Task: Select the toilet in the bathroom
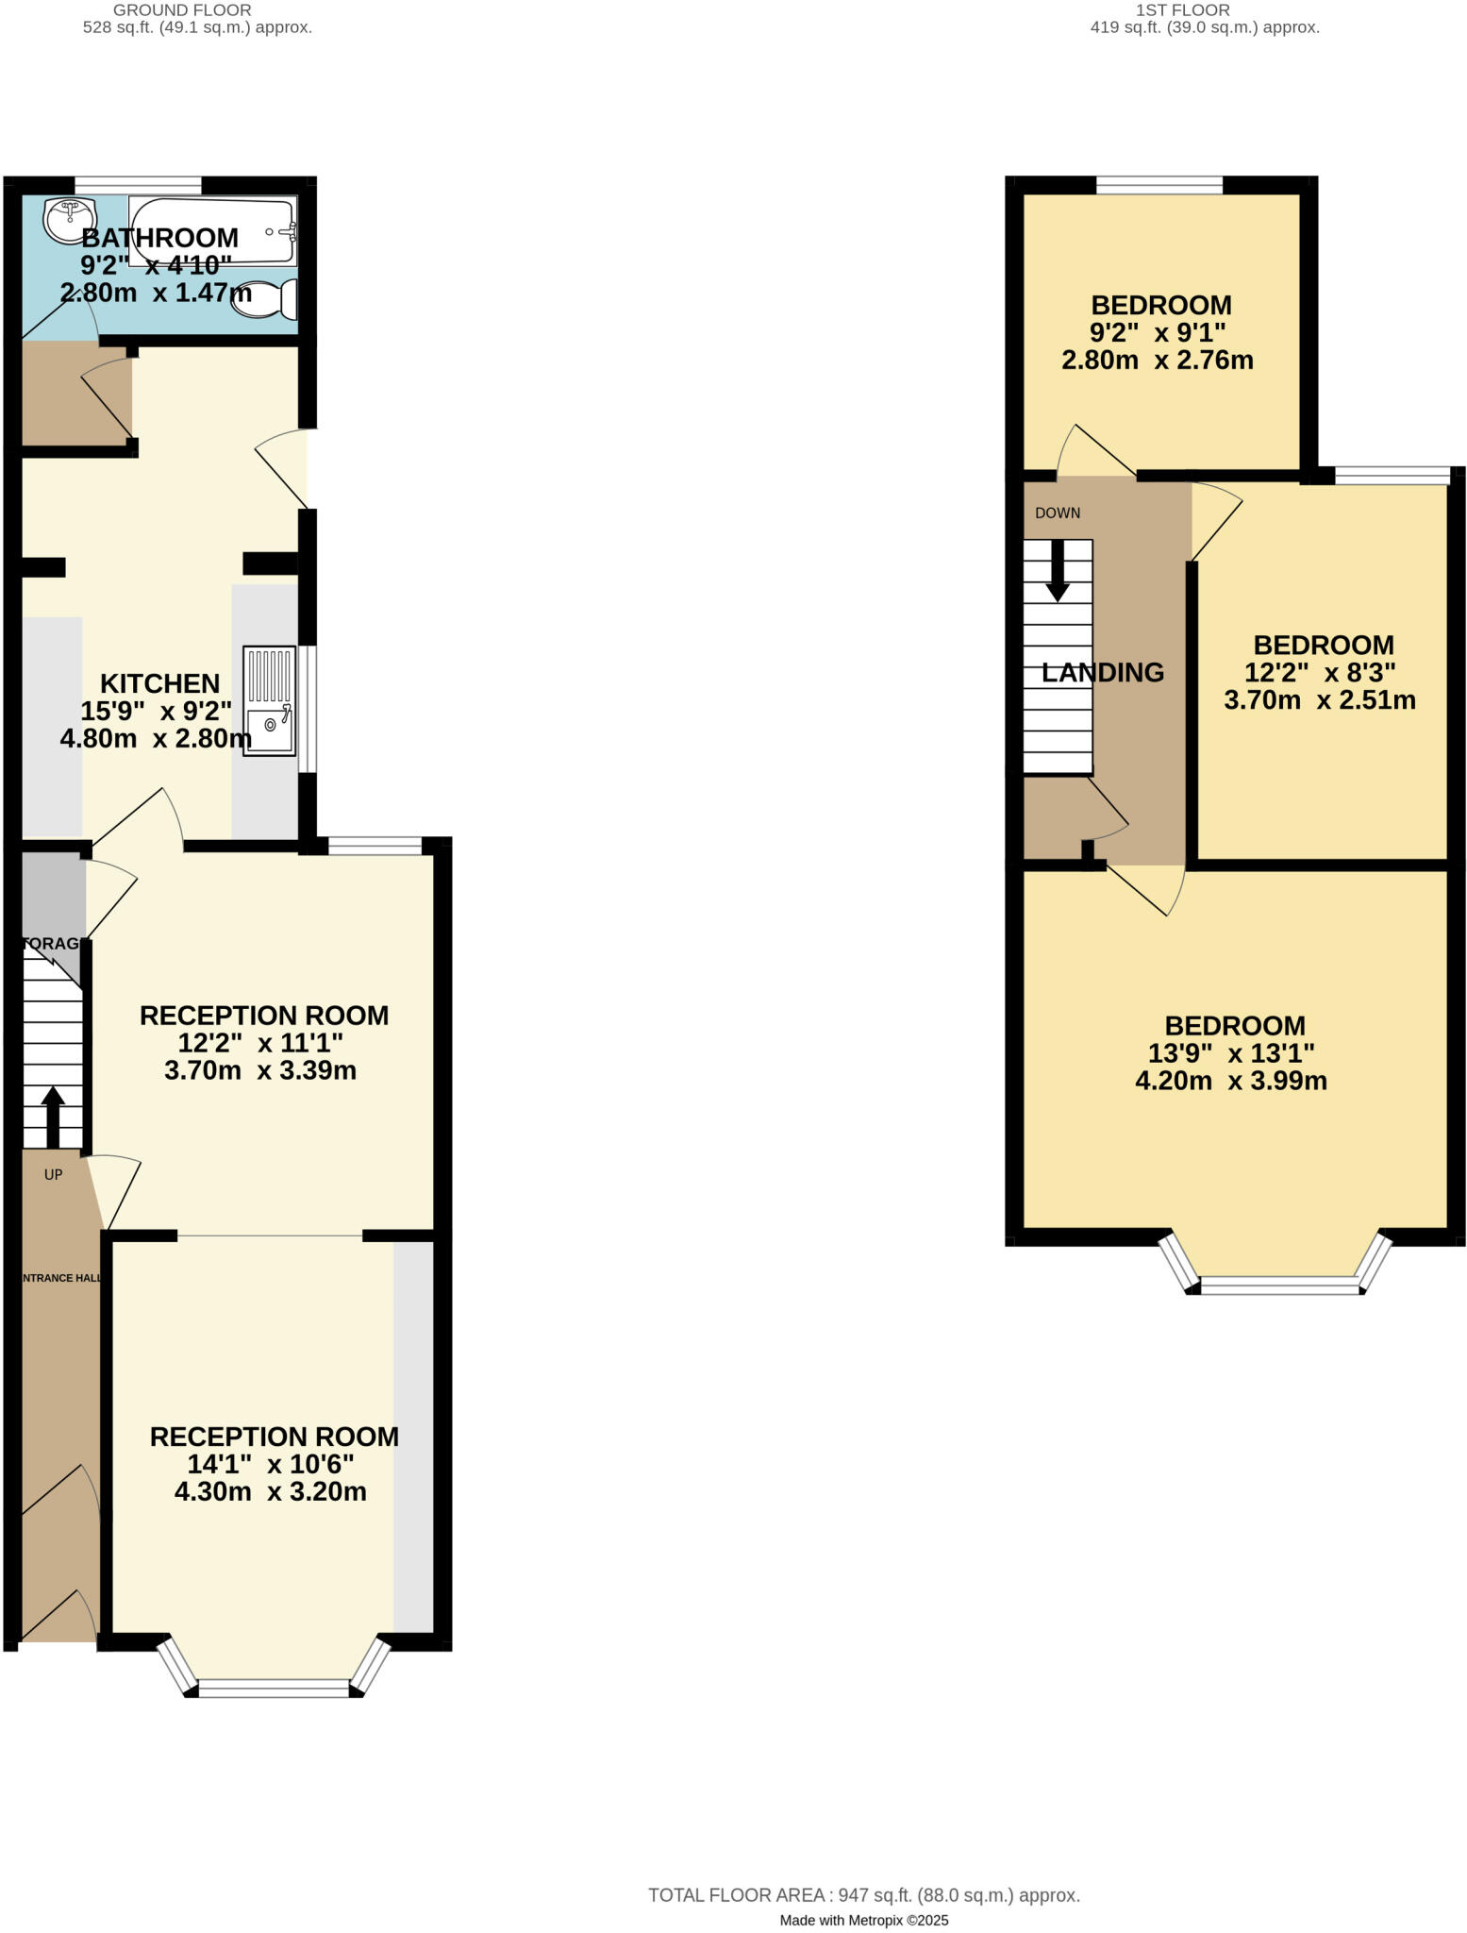266,299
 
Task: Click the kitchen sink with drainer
269,699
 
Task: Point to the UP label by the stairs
53,1174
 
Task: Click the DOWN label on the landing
1058,513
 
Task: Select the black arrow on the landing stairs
1058,571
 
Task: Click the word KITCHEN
159,683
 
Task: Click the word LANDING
1102,673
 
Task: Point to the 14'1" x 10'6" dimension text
271,1464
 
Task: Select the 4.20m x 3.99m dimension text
1230,1081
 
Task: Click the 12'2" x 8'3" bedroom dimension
1319,673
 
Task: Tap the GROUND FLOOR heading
182,10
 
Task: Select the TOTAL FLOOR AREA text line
863,1894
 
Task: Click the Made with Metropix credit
863,1920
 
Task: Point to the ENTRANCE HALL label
61,1278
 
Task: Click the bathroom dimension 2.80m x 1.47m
156,293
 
